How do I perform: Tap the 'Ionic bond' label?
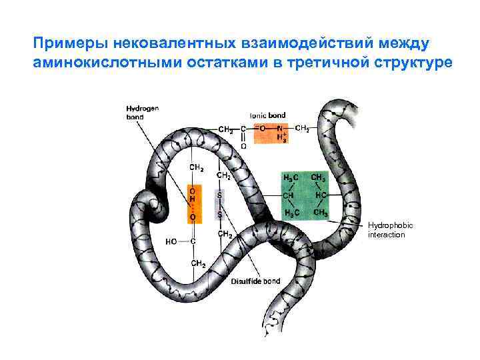[267, 115]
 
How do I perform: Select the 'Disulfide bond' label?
[255, 281]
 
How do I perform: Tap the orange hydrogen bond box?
[192, 202]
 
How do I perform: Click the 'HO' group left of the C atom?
[170, 241]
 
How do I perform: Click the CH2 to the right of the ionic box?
[301, 127]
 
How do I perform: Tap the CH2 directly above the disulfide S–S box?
[225, 176]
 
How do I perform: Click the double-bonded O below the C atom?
[243, 145]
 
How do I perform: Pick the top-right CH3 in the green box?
[320, 178]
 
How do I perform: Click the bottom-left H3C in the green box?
[291, 213]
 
